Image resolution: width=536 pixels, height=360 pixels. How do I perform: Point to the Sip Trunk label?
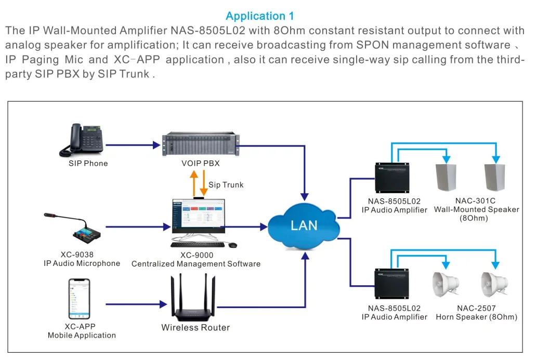(226, 185)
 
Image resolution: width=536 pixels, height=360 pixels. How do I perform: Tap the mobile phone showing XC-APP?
(80, 299)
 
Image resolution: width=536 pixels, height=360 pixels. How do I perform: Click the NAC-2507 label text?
(476, 308)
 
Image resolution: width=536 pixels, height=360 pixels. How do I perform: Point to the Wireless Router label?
(195, 328)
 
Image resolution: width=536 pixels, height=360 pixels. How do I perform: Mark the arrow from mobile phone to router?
(135, 303)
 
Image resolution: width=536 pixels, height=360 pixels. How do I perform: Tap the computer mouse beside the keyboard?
(233, 245)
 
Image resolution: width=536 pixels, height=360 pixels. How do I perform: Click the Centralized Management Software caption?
(196, 264)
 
